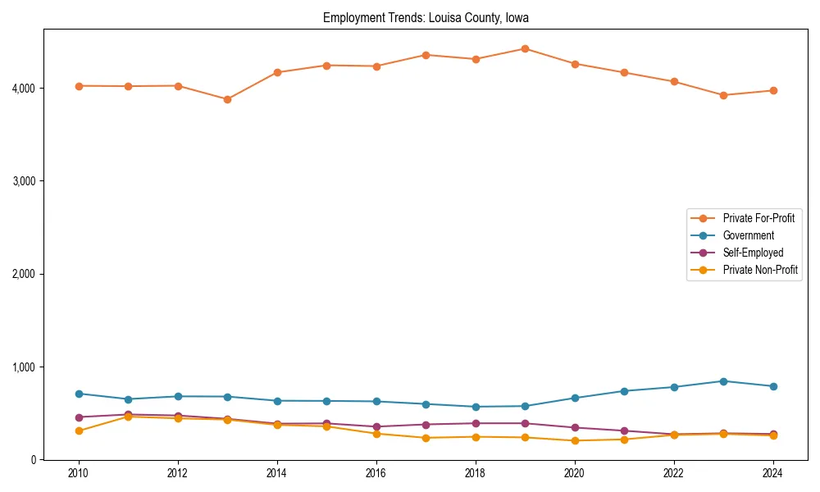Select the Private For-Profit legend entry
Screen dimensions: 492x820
click(x=758, y=218)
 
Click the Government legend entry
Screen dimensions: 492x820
click(x=748, y=235)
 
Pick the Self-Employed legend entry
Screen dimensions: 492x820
click(x=753, y=253)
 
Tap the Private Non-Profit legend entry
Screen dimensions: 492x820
click(x=760, y=270)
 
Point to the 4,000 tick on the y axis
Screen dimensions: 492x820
click(x=22, y=88)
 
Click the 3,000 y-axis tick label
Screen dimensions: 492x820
click(x=22, y=180)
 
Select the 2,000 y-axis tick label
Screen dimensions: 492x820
click(x=22, y=274)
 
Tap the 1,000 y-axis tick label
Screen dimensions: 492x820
click(x=22, y=367)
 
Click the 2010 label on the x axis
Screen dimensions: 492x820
click(x=79, y=473)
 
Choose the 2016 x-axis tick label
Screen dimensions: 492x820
click(x=376, y=473)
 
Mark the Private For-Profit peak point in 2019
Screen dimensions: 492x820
click(x=525, y=48)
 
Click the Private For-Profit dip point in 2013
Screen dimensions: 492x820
click(x=227, y=99)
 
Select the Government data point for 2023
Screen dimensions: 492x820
click(x=723, y=381)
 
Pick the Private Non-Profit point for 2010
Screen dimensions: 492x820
click(x=79, y=430)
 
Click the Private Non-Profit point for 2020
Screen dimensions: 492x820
click(x=575, y=440)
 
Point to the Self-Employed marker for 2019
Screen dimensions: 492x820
click(x=525, y=423)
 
